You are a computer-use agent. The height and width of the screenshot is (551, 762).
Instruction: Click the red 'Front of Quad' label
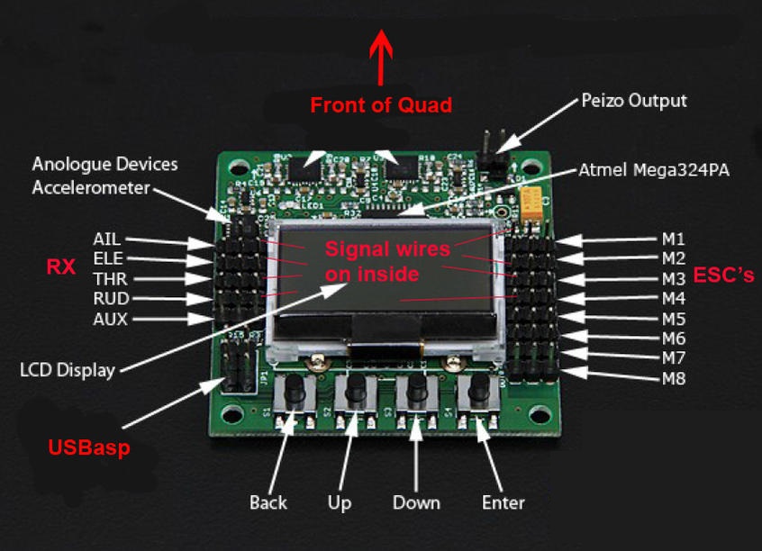tap(381, 105)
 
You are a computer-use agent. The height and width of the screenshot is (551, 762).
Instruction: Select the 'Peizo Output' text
tap(633, 100)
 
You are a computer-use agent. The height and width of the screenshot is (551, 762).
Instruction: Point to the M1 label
tap(674, 239)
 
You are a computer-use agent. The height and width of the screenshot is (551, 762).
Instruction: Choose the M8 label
tap(674, 379)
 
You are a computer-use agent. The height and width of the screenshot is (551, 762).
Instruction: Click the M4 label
tap(674, 298)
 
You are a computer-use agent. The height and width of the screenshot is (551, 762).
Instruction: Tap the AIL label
tap(106, 239)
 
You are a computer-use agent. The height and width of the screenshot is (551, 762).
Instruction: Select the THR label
tap(110, 279)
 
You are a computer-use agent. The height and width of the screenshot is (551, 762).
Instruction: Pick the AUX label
tap(110, 319)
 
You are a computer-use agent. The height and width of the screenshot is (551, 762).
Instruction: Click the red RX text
tap(60, 266)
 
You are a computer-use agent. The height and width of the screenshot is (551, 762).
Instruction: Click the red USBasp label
tap(89, 447)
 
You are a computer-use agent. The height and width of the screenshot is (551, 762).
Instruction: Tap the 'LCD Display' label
tap(68, 369)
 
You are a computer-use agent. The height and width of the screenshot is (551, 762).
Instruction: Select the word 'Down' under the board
tap(416, 502)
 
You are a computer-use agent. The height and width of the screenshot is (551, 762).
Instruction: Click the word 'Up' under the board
tap(339, 502)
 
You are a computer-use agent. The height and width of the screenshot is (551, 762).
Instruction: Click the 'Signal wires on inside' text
tap(387, 261)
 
